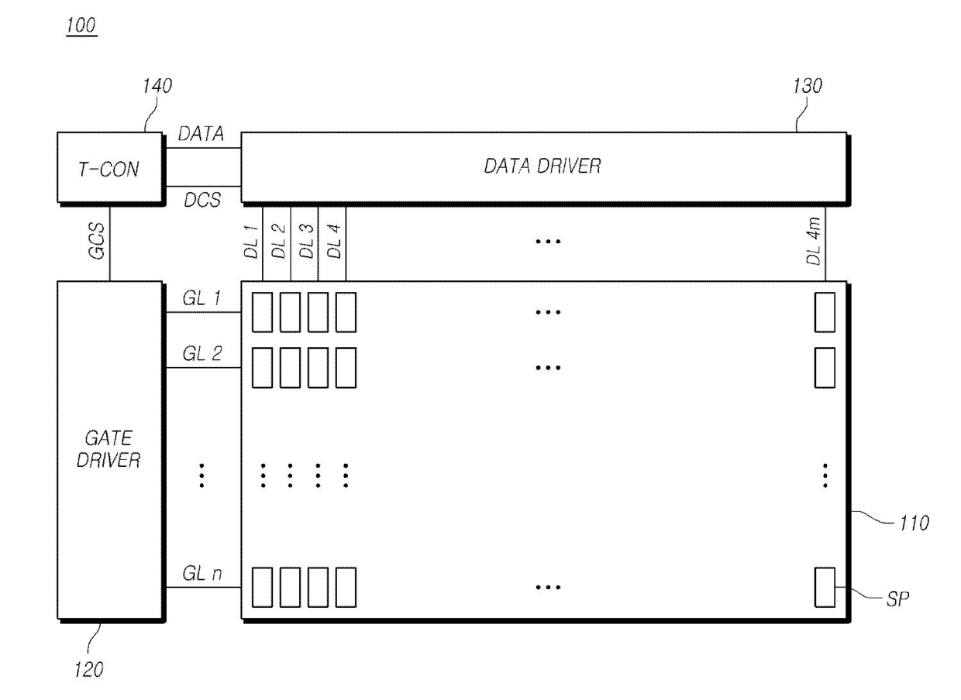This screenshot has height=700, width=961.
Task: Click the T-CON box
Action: (x=110, y=169)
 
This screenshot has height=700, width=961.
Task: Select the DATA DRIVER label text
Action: (x=542, y=166)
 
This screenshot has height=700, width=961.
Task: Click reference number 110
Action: (x=913, y=524)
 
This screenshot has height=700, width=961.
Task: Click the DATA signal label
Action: (x=201, y=134)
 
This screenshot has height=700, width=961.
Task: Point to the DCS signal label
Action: (x=201, y=200)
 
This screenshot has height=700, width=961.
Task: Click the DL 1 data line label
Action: (x=251, y=243)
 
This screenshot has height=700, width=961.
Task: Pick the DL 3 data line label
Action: (x=307, y=243)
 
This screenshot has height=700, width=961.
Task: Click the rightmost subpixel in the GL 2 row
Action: (x=825, y=368)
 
